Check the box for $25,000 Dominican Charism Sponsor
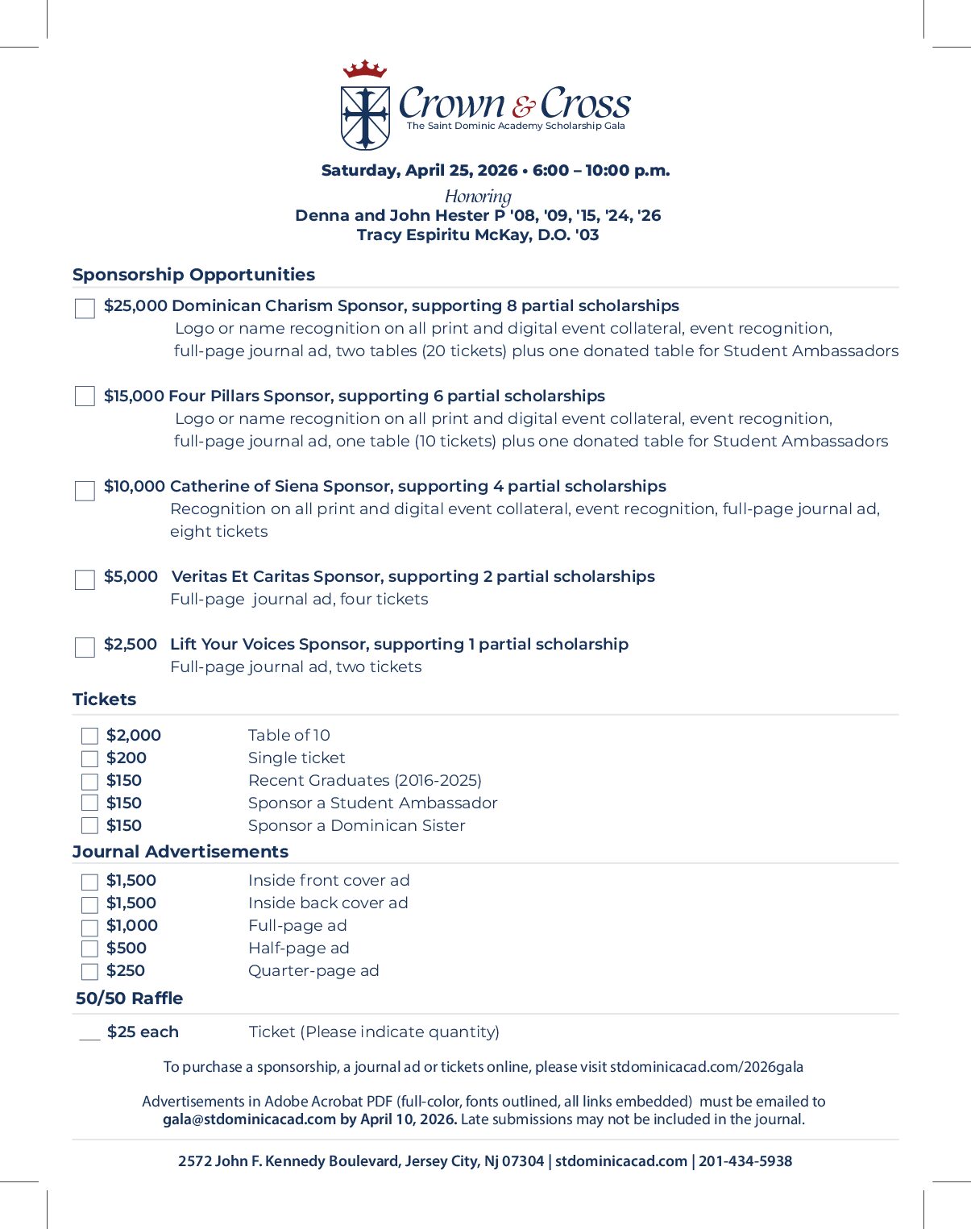pos(85,309)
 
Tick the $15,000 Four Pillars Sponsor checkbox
pos(85,396)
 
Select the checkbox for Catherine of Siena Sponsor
pos(85,491)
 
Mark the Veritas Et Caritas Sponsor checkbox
pos(85,580)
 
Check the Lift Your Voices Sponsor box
pos(85,647)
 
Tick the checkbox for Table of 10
pos(89,736)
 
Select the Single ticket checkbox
pos(89,758)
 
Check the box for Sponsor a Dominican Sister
pos(89,826)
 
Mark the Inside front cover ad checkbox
pos(89,882)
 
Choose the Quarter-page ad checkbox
pos(89,972)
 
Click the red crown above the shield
pos(365,69)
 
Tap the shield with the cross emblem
pos(365,118)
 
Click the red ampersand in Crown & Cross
pos(523,106)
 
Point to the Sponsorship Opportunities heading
pos(193,275)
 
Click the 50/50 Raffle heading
pos(129,999)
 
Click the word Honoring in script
pos(478,197)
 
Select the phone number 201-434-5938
pos(745,1161)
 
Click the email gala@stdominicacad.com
pos(249,1119)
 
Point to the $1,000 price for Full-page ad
pos(132,926)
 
